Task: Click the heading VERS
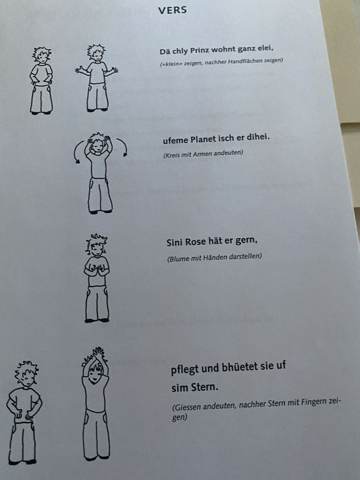click(x=173, y=10)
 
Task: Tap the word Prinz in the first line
click(x=200, y=50)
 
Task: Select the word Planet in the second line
click(x=203, y=140)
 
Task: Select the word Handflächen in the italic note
click(x=246, y=61)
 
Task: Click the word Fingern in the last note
click(x=313, y=402)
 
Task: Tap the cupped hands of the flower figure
click(x=97, y=269)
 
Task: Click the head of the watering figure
click(x=27, y=374)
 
